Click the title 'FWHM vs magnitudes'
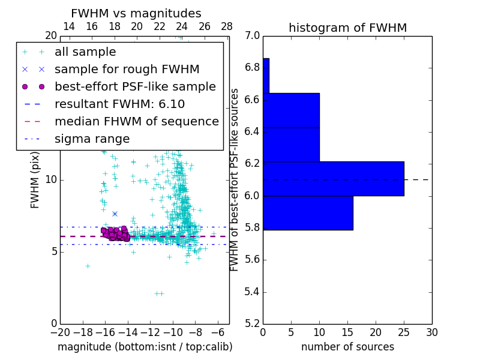pyautogui.click(x=136, y=13)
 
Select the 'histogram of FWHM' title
pyautogui.click(x=347, y=28)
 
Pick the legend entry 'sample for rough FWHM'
pyautogui.click(x=127, y=70)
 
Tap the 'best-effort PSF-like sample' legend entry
pyautogui.click(x=135, y=86)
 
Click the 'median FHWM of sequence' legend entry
pyautogui.click(x=136, y=121)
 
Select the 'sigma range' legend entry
pyautogui.click(x=92, y=139)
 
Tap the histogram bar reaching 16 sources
pyautogui.click(x=308, y=212)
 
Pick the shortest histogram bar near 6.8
pyautogui.click(x=266, y=76)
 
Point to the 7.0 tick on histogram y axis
pyautogui.click(x=253, y=35)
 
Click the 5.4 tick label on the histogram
pyautogui.click(x=253, y=292)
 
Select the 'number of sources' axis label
pyautogui.click(x=347, y=347)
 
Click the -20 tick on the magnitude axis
pyautogui.click(x=60, y=332)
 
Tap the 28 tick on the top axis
pyautogui.click(x=227, y=26)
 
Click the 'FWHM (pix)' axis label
pyautogui.click(x=35, y=180)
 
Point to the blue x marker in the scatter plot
pyautogui.click(x=115, y=214)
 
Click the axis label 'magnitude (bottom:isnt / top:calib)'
pyautogui.click(x=145, y=347)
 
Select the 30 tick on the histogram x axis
pyautogui.click(x=431, y=332)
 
